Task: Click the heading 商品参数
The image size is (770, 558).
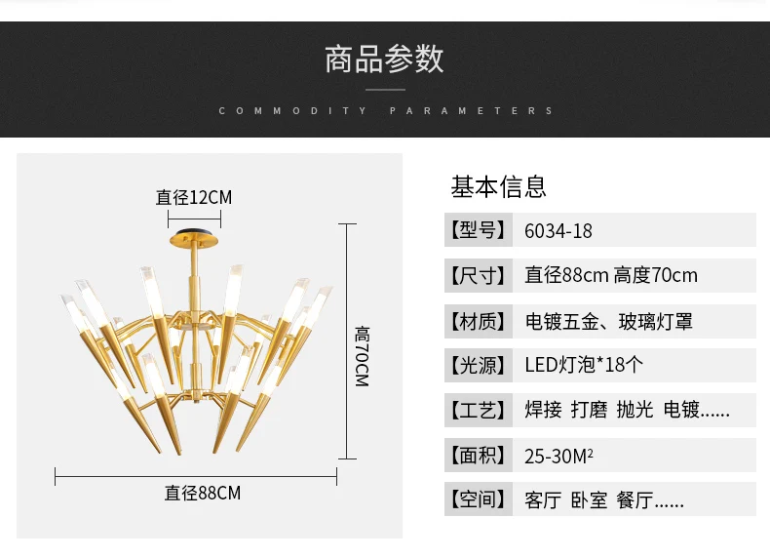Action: [x=384, y=59]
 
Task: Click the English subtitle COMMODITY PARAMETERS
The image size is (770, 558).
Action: [x=386, y=110]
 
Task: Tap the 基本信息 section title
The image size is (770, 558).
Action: [x=498, y=187]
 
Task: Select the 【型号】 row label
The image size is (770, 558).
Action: [x=479, y=229]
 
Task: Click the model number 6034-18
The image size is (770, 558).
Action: [x=558, y=231]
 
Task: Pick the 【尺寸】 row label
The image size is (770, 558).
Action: [x=479, y=275]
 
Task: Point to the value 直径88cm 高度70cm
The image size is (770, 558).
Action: [x=611, y=275]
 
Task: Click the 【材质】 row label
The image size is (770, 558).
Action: [x=479, y=322]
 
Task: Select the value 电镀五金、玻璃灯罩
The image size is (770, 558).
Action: [x=609, y=322]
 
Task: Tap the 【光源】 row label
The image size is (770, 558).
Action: [x=479, y=365]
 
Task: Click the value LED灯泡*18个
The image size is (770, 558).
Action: [x=584, y=365]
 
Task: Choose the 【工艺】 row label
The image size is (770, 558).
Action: [x=479, y=410]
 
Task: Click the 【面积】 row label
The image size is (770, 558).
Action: [x=479, y=456]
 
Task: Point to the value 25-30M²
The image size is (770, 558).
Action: [x=558, y=457]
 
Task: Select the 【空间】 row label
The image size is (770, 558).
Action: [x=479, y=499]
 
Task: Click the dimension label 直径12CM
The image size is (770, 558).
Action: [x=194, y=198]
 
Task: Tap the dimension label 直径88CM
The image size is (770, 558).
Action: [x=203, y=493]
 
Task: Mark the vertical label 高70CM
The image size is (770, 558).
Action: [x=362, y=356]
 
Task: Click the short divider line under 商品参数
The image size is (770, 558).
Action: [x=386, y=90]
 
